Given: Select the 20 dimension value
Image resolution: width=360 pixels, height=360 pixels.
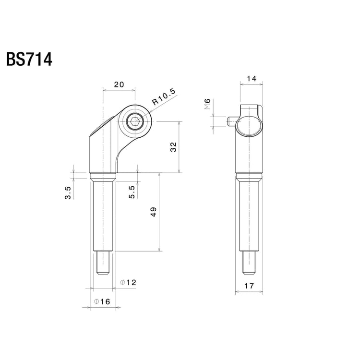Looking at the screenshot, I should [x=119, y=84].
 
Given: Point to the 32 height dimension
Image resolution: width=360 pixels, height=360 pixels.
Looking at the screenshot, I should [x=174, y=147].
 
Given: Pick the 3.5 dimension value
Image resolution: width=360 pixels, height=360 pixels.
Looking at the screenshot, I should [x=68, y=192].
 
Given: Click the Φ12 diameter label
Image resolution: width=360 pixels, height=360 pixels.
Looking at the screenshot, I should [x=128, y=283].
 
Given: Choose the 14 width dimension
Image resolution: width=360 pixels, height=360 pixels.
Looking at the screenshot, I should [x=251, y=78].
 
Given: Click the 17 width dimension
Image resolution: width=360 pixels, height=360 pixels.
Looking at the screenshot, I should [x=250, y=286].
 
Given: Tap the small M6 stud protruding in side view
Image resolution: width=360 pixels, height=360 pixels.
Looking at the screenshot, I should [x=230, y=122].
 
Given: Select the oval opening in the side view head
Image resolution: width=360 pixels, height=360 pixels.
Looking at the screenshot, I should [x=249, y=126].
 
